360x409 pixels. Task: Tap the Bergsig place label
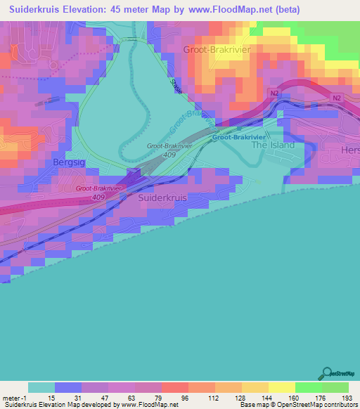pos(68,162)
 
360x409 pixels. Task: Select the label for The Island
pos(273,145)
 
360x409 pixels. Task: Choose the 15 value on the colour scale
pos(41,397)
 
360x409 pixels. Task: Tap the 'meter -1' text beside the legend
pos(13,397)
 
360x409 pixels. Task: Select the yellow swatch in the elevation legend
pos(281,387)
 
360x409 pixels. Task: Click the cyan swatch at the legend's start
pos(41,387)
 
